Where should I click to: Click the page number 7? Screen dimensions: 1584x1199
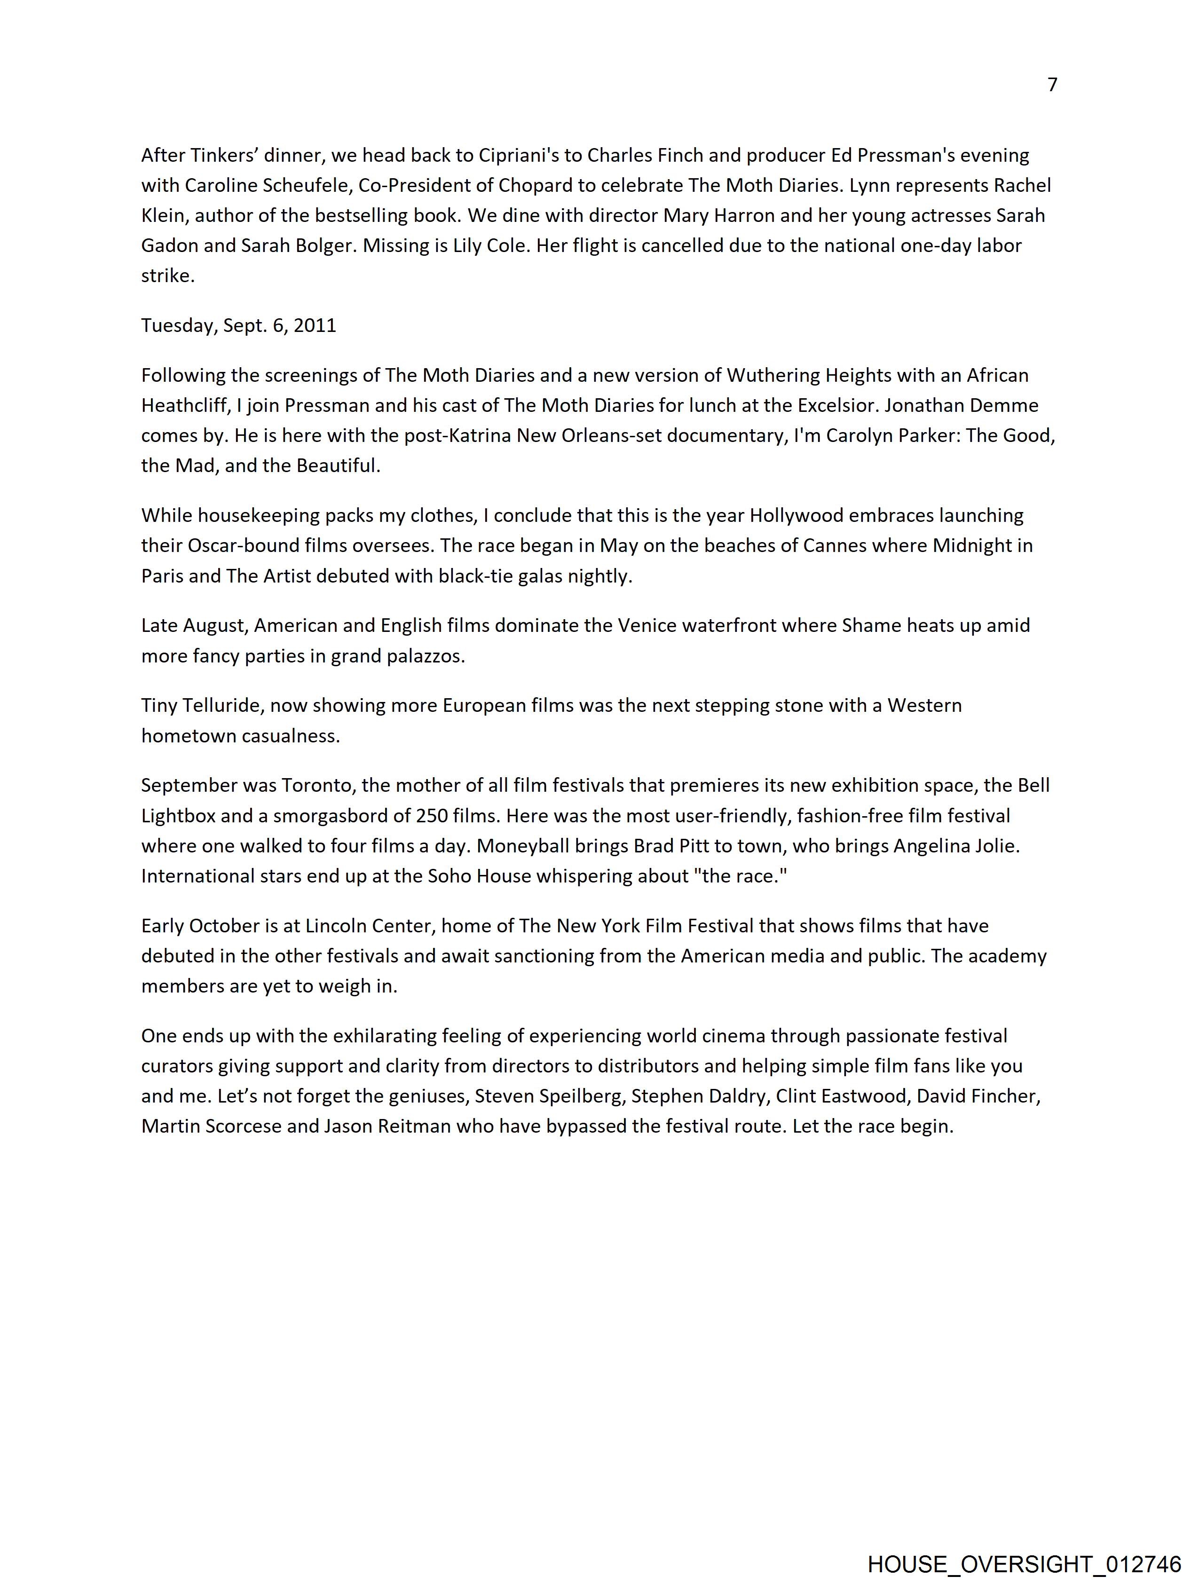pos(1051,85)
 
